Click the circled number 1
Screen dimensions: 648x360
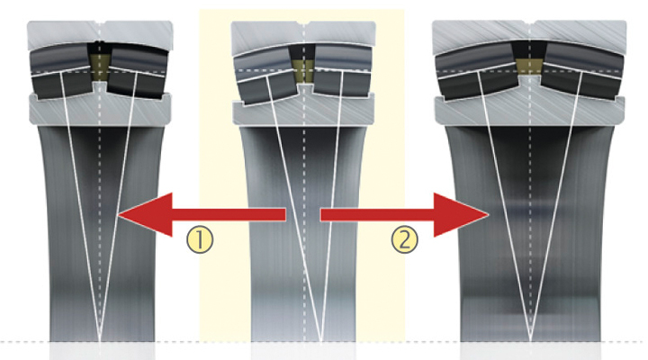pyautogui.click(x=200, y=240)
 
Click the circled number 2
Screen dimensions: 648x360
pyautogui.click(x=405, y=239)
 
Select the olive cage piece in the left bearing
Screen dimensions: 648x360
pyautogui.click(x=99, y=66)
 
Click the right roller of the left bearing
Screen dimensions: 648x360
pyautogui.click(x=138, y=72)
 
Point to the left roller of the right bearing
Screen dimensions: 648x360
pyautogui.click(x=477, y=71)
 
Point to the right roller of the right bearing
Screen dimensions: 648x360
pyautogui.click(x=581, y=71)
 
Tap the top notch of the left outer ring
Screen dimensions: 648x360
pyautogui.click(x=99, y=22)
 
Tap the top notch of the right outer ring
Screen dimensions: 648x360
pyautogui.click(x=530, y=22)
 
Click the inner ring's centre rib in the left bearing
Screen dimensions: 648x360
pyautogui.click(x=99, y=86)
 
